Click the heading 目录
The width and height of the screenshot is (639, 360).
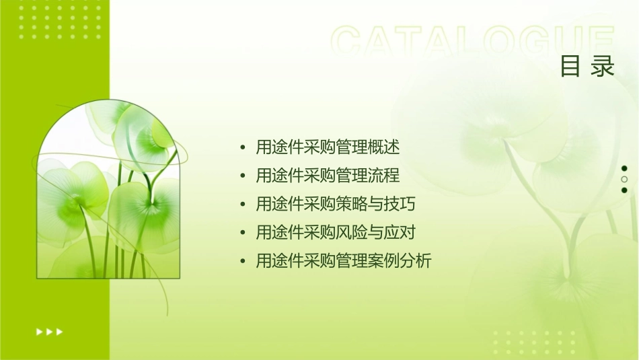coord(587,67)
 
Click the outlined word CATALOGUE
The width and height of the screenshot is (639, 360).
coord(472,42)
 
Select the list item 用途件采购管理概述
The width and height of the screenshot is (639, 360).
coord(328,147)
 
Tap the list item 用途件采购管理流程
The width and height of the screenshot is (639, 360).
coord(328,176)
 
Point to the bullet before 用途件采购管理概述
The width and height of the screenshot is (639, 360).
coord(242,147)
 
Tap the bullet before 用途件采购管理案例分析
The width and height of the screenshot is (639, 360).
coord(242,262)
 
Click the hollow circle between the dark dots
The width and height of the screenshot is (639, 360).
coord(624,180)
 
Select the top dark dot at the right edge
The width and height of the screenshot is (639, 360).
coord(624,168)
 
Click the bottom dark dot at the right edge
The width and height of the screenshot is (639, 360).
coord(624,190)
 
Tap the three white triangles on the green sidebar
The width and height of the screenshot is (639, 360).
coord(49,331)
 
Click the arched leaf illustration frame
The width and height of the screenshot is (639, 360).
coord(108,190)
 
